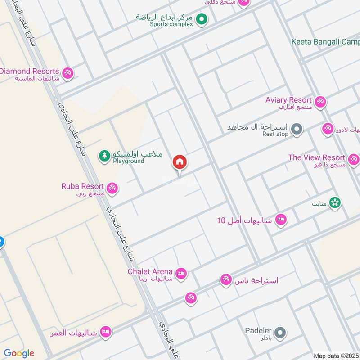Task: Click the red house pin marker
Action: coord(180,162)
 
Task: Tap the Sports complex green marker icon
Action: coord(202,19)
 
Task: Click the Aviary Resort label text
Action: coord(288,100)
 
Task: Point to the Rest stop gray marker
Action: coord(296,130)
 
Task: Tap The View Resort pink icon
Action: coord(354,159)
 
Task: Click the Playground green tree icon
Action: coord(104,156)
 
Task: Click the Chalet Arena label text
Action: coord(150,271)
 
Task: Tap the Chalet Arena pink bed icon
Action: coord(181,274)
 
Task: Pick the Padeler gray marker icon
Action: coord(280,333)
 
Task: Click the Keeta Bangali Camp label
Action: coord(325,42)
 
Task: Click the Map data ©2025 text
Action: coord(336,355)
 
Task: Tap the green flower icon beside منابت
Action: coord(334,203)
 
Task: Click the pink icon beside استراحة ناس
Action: coord(225,280)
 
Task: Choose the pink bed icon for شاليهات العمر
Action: coord(106,333)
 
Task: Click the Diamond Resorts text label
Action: coord(30,71)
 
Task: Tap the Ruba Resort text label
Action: coord(83,186)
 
